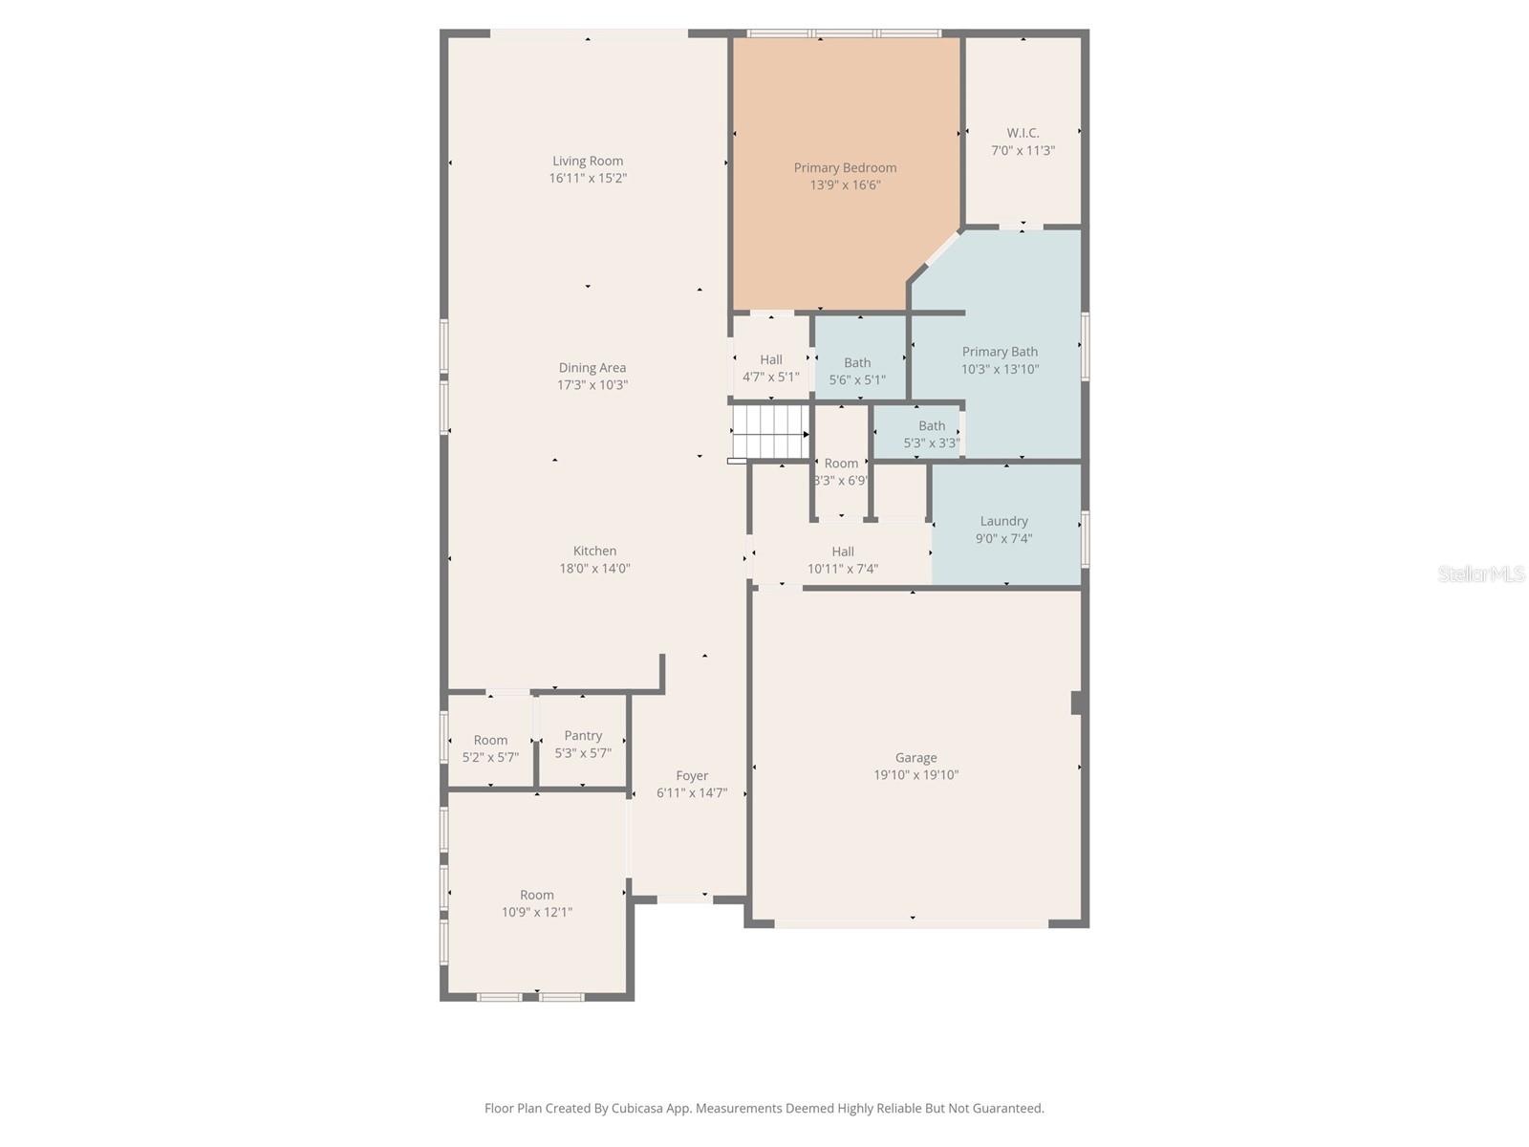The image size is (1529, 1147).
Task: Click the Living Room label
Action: (x=587, y=161)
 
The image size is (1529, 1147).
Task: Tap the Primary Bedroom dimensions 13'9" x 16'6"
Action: (x=845, y=185)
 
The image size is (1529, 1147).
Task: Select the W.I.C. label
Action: (x=1023, y=133)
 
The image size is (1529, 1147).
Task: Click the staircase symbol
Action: (x=769, y=432)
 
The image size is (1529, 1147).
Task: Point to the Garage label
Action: (x=915, y=757)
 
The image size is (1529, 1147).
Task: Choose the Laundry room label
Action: (x=1003, y=521)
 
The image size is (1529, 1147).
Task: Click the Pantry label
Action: (x=583, y=735)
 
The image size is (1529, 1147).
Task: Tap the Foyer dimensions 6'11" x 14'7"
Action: (x=692, y=793)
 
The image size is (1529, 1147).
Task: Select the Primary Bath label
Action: (x=1000, y=351)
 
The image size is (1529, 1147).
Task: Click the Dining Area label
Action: (x=592, y=367)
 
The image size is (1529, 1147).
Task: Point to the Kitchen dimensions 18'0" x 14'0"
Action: (x=594, y=569)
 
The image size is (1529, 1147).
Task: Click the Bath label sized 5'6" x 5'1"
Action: (x=857, y=362)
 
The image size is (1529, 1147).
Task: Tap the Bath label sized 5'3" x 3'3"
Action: (x=932, y=425)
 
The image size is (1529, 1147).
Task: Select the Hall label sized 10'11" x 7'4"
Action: (x=843, y=551)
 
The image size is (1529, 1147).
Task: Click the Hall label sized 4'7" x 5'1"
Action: (x=771, y=359)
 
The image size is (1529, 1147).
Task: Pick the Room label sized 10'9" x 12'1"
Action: (x=536, y=895)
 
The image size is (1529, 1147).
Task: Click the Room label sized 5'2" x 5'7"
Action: (x=490, y=740)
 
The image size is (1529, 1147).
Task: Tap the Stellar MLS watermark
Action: (x=1481, y=573)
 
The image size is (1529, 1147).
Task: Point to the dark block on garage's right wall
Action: (x=1076, y=703)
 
